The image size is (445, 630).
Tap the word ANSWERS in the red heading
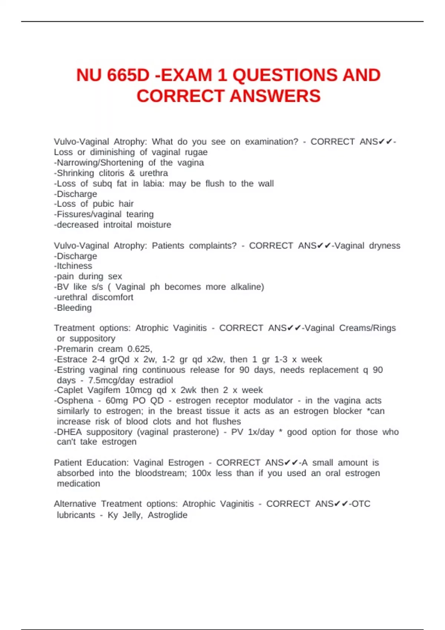(275, 96)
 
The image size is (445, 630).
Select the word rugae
(196, 152)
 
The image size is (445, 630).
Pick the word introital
(118, 225)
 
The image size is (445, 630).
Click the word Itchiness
(74, 266)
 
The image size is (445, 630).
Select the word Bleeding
(74, 308)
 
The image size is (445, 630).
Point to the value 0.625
(139, 349)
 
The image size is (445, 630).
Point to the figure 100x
(201, 473)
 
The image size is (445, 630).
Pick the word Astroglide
(167, 515)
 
